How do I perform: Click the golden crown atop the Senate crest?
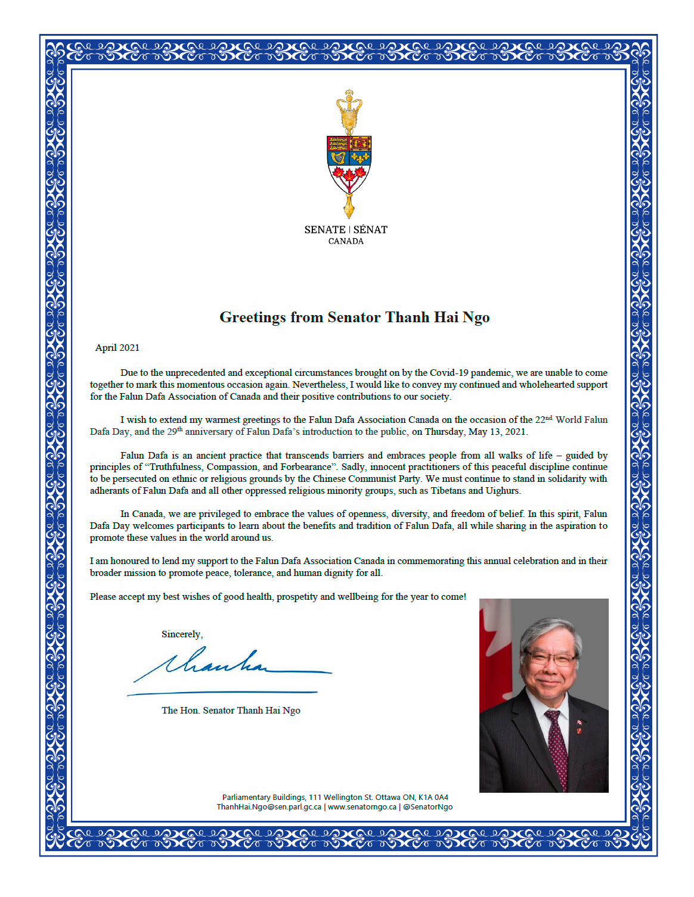click(349, 108)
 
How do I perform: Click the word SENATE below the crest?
click(325, 230)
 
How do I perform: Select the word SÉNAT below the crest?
click(370, 230)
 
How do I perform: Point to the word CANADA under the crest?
click(346, 241)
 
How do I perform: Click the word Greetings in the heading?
click(253, 317)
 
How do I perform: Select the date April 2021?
click(117, 348)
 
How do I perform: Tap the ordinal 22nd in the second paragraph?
click(543, 419)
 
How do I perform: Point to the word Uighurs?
click(503, 491)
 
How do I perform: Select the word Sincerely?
click(182, 634)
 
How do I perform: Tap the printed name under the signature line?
click(231, 711)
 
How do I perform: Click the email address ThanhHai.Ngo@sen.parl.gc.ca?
click(269, 807)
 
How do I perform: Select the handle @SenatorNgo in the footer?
click(427, 807)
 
